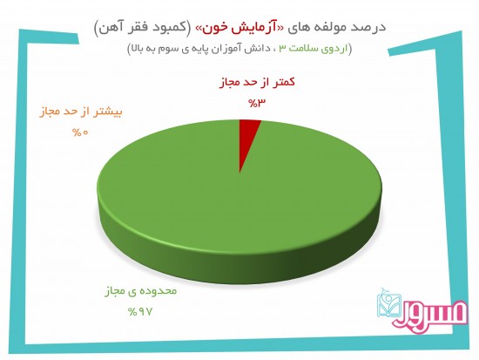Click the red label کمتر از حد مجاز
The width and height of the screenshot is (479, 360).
pyautogui.click(x=257, y=82)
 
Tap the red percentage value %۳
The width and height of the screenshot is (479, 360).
pyautogui.click(x=257, y=104)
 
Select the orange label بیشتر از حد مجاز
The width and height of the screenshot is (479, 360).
pyautogui.click(x=81, y=112)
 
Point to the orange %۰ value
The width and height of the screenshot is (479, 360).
pyautogui.click(x=80, y=132)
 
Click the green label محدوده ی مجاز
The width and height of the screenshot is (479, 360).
pyautogui.click(x=141, y=291)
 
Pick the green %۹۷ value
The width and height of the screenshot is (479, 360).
pyautogui.click(x=140, y=312)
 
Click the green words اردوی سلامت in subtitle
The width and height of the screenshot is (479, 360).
pyautogui.click(x=318, y=49)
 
